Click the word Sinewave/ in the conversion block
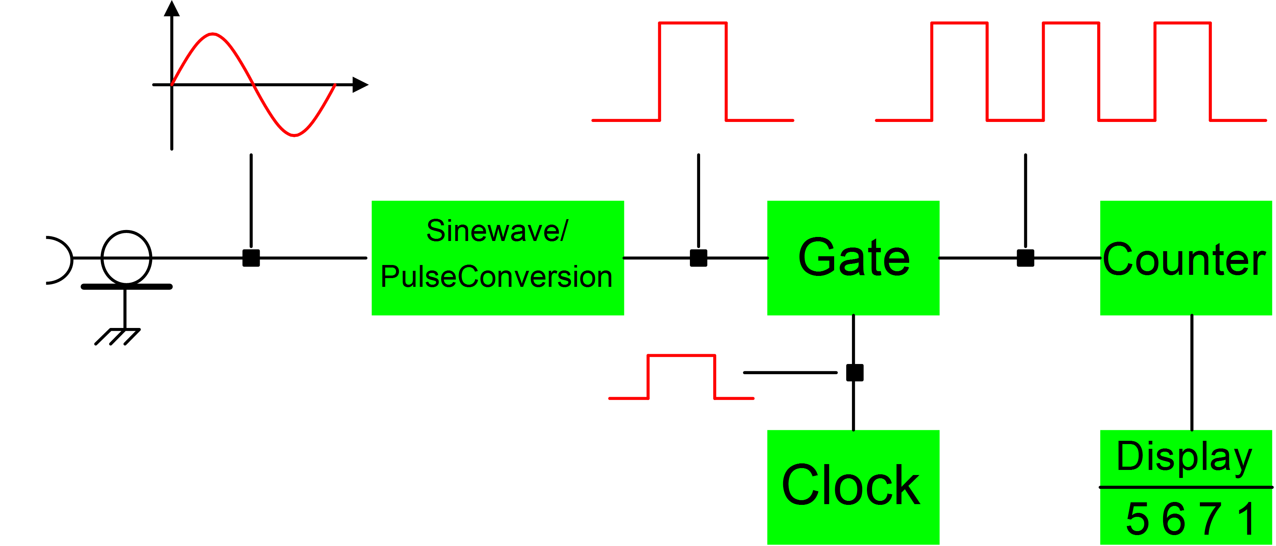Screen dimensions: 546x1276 coord(497,231)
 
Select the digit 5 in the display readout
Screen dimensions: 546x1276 coord(1137,519)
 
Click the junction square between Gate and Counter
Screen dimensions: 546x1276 coord(1025,258)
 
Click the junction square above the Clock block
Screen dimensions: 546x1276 coord(855,373)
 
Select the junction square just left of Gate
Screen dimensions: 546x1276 coord(698,258)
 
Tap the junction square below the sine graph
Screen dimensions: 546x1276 coord(251,258)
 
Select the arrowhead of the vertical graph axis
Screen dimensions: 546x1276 coord(172,9)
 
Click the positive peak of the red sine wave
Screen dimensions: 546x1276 coord(212,34)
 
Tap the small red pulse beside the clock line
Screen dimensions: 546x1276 coord(681,376)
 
